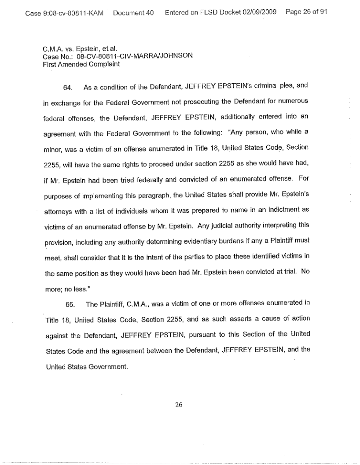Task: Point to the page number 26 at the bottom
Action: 178,405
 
